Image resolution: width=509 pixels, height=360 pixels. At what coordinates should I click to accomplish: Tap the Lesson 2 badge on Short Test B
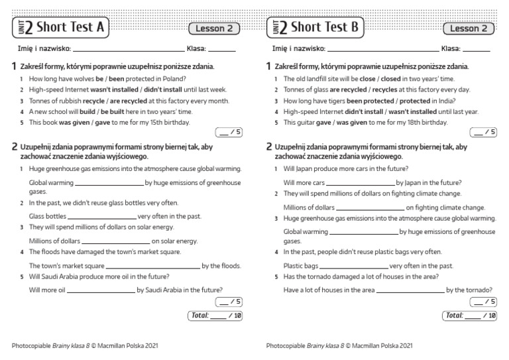click(469, 29)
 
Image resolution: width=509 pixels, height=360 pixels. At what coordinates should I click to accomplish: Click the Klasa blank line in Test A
click(222, 50)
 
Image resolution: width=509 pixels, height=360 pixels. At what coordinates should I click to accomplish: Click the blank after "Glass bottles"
click(102, 217)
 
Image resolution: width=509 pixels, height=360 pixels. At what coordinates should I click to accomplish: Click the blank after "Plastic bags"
click(353, 266)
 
